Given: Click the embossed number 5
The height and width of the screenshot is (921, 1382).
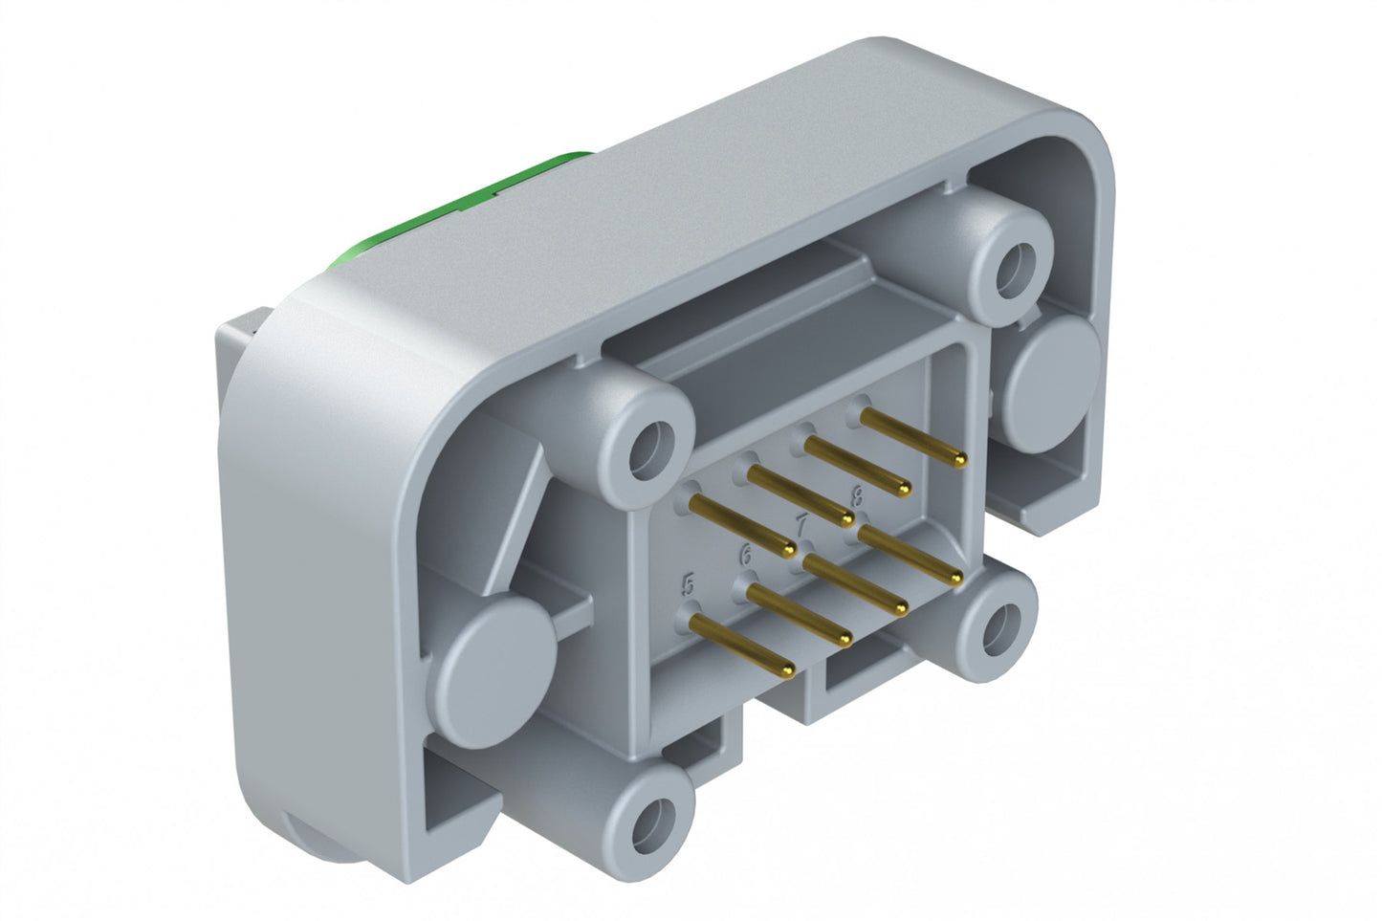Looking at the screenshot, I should (x=687, y=583).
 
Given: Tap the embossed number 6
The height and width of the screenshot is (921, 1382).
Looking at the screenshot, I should (x=746, y=553).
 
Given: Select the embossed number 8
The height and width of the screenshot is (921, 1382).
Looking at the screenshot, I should (x=857, y=494).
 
